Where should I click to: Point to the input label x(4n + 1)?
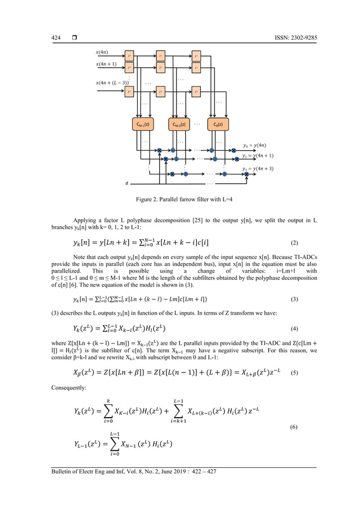pos(107,64)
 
